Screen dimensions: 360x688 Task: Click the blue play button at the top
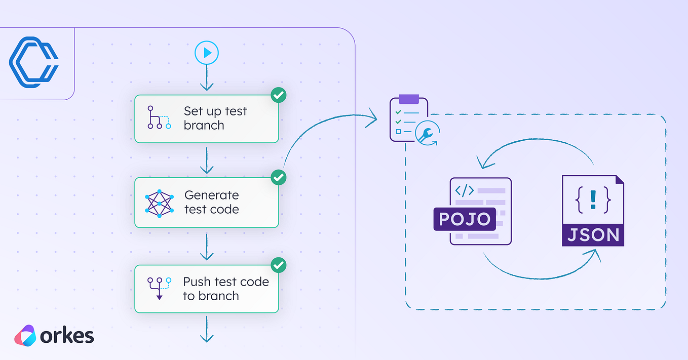pyautogui.click(x=207, y=53)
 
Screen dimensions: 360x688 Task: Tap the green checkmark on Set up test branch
pyautogui.click(x=279, y=95)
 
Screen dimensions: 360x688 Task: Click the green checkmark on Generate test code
pyautogui.click(x=279, y=178)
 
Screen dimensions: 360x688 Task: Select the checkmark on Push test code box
pyautogui.click(x=279, y=265)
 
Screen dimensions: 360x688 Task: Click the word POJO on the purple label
pyautogui.click(x=465, y=219)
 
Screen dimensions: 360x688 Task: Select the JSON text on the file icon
pyautogui.click(x=593, y=235)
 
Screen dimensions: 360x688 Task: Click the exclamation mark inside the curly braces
pyautogui.click(x=593, y=199)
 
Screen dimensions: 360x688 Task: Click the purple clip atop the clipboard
pyautogui.click(x=408, y=99)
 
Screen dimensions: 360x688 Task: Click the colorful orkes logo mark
pyautogui.click(x=25, y=336)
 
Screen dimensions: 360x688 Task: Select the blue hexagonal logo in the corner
pyautogui.click(x=33, y=63)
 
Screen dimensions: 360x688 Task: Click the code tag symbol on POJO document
pyautogui.click(x=465, y=191)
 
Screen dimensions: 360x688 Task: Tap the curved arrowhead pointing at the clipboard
pyautogui.click(x=373, y=118)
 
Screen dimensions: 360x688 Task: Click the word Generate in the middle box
pyautogui.click(x=211, y=195)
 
